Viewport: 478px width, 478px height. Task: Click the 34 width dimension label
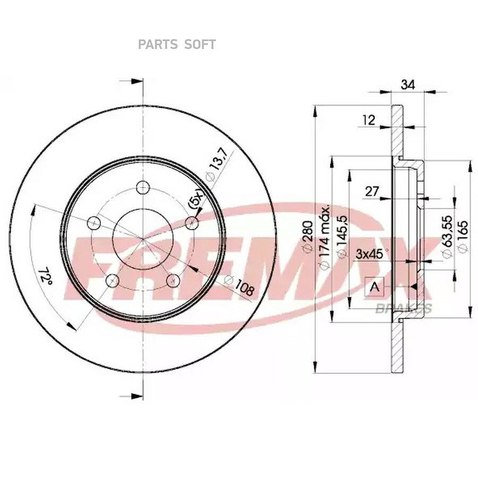pyautogui.click(x=407, y=84)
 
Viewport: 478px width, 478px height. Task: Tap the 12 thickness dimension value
pyautogui.click(x=369, y=120)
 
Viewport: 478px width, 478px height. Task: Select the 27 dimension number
pyautogui.click(x=372, y=191)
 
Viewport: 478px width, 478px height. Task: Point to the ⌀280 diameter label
pyautogui.click(x=308, y=236)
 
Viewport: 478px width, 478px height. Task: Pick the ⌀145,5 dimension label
pyautogui.click(x=342, y=236)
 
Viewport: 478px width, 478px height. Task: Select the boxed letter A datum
pyautogui.click(x=374, y=287)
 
